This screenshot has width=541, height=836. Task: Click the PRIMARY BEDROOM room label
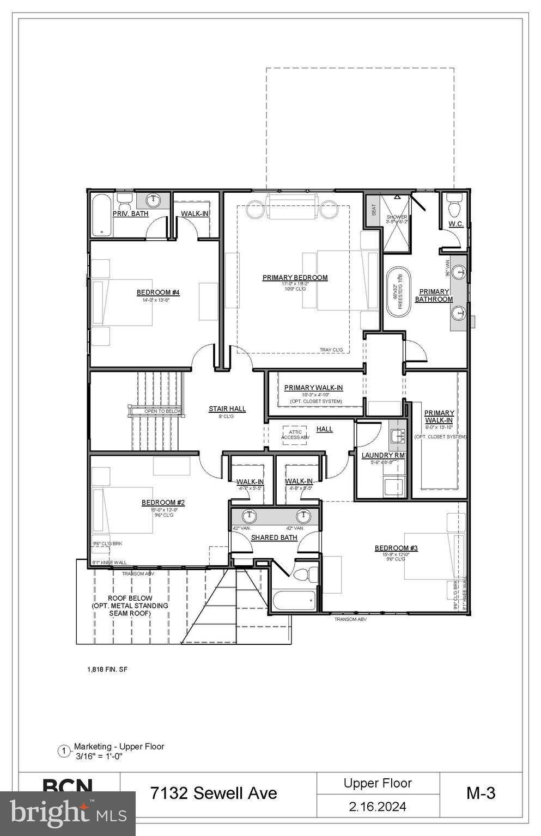click(x=295, y=278)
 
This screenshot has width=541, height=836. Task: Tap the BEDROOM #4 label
click(x=150, y=292)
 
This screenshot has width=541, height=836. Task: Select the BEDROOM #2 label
click(x=163, y=503)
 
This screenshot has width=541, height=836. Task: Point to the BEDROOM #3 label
click(x=396, y=548)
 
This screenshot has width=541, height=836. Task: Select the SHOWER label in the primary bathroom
click(x=397, y=217)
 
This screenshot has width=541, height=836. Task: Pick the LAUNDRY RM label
click(x=384, y=455)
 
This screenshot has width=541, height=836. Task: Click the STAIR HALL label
click(x=227, y=409)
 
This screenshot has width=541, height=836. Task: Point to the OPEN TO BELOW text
click(x=162, y=411)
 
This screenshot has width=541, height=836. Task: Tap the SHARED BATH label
click(x=274, y=538)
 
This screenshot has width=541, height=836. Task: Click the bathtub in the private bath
click(x=101, y=215)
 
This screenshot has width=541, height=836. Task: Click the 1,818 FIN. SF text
click(x=107, y=669)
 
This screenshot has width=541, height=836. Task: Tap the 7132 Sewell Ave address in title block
click(x=214, y=794)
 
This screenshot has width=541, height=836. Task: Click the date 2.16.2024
click(x=378, y=807)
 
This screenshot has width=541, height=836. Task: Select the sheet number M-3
click(x=481, y=794)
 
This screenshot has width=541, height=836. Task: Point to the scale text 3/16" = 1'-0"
click(x=99, y=756)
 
